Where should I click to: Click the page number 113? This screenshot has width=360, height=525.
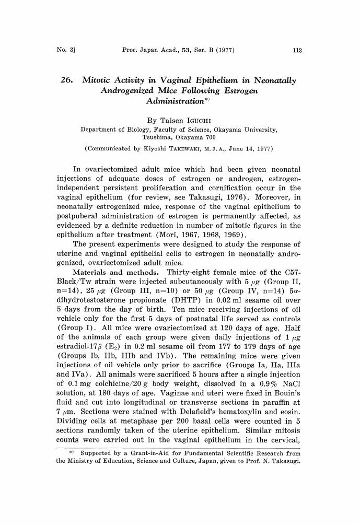point(298,50)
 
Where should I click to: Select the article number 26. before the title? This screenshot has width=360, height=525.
point(70,80)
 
